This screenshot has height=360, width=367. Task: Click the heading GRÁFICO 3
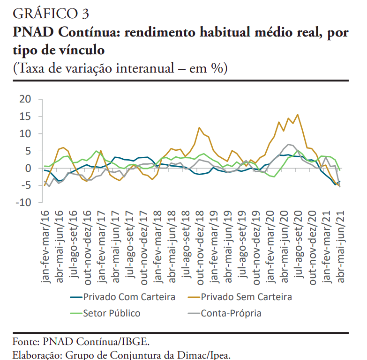pyautogui.click(x=51, y=13)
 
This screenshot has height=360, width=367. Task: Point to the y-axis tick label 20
pyautogui.click(x=25, y=99)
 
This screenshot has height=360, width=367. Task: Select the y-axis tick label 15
pyautogui.click(x=25, y=117)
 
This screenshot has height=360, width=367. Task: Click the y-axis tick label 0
pyautogui.click(x=28, y=168)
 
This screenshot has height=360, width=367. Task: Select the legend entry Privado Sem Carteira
pyautogui.click(x=246, y=297)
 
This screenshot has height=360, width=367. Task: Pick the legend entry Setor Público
pyautogui.click(x=112, y=313)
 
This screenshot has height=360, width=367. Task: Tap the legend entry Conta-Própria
pyautogui.click(x=231, y=313)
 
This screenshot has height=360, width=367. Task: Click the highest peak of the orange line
pyautogui.click(x=298, y=114)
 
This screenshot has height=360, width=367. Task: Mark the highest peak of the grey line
pyautogui.click(x=289, y=144)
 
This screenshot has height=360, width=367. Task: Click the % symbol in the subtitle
pyautogui.click(x=217, y=68)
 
